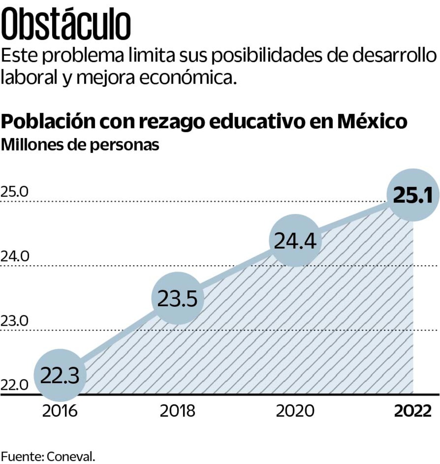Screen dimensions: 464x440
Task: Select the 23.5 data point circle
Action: click(177, 298)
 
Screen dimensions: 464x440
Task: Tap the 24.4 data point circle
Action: click(295, 240)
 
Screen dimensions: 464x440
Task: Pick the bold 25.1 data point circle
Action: click(413, 195)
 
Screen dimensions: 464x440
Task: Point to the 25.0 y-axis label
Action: click(14, 192)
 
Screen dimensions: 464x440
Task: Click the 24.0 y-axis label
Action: click(15, 256)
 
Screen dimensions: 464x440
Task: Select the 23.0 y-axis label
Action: click(14, 321)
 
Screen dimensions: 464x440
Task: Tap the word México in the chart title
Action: click(372, 121)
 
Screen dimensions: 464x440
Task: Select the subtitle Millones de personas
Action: click(80, 145)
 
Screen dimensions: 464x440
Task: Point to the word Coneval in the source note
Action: click(70, 457)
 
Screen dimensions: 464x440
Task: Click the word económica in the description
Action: click(188, 78)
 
